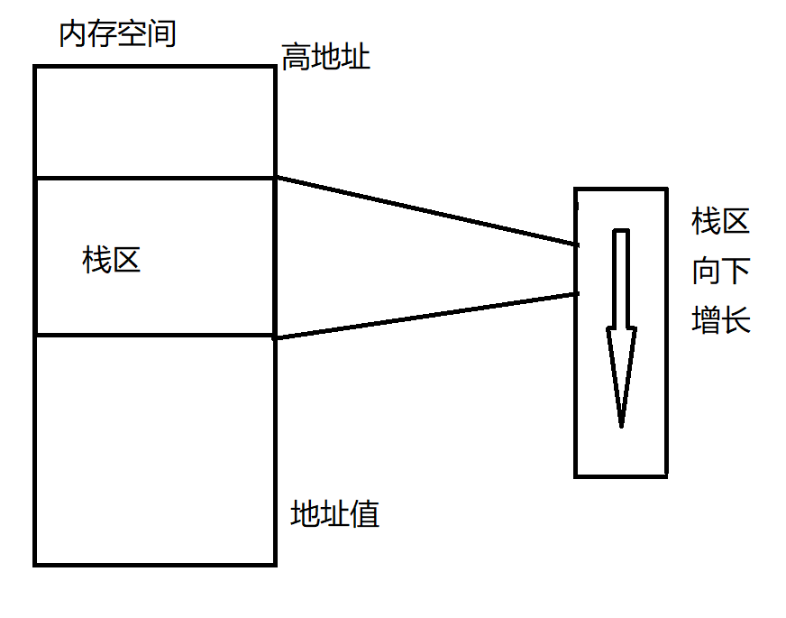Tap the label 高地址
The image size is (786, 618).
325,59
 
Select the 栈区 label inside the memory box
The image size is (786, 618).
112,262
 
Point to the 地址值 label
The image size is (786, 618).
335,514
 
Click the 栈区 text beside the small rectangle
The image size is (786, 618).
721,222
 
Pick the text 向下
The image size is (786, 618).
721,271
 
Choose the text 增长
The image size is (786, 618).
721,320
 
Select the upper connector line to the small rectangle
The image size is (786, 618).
424,210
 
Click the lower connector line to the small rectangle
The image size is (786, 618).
424,315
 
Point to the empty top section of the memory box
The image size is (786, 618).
154,122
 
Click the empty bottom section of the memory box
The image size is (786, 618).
154,451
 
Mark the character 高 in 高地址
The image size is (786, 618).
296,59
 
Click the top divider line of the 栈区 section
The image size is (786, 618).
154,178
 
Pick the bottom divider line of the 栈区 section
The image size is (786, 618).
154,336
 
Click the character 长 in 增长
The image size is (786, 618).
736,320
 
